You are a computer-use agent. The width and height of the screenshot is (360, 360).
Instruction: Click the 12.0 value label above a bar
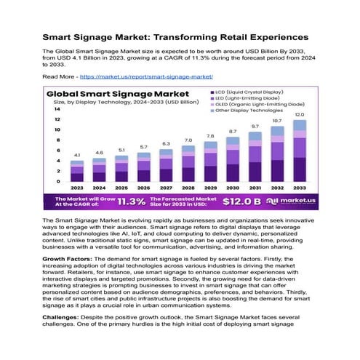coord(300,115)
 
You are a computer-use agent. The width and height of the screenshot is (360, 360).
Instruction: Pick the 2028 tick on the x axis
coord(188,188)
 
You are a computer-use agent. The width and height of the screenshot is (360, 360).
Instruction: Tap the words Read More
coord(59,76)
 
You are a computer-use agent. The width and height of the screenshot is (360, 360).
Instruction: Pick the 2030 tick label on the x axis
coord(233,188)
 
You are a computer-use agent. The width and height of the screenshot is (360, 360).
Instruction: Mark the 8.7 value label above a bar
coord(233,131)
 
